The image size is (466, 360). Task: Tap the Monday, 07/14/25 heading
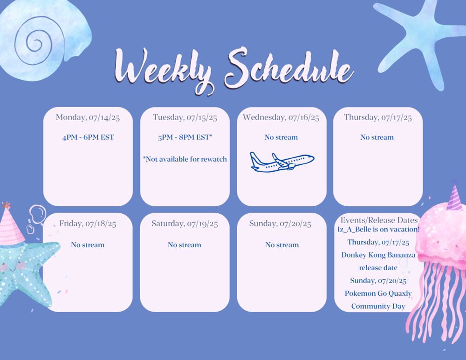coord(88,117)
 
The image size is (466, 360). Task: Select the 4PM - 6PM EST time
coord(88,137)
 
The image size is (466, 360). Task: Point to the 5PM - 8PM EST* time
coord(185,137)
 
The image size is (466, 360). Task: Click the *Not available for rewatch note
coord(185,159)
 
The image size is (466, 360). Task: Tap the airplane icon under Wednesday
coord(282,162)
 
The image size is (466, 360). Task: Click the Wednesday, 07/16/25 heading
coord(281,117)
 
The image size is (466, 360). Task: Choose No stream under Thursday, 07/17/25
coord(377,137)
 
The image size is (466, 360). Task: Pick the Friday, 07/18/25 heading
coord(88,224)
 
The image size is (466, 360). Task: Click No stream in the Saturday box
coord(184,245)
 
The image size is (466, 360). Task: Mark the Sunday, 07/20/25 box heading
coord(280,224)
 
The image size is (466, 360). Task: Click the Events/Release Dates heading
coord(379,220)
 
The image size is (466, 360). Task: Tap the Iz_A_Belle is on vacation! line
coord(378,229)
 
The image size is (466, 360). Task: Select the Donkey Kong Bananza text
coord(378,255)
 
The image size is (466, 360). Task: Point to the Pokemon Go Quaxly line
coord(378,293)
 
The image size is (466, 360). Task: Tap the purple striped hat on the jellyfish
coord(455,197)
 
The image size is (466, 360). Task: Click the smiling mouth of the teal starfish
coord(12,269)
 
